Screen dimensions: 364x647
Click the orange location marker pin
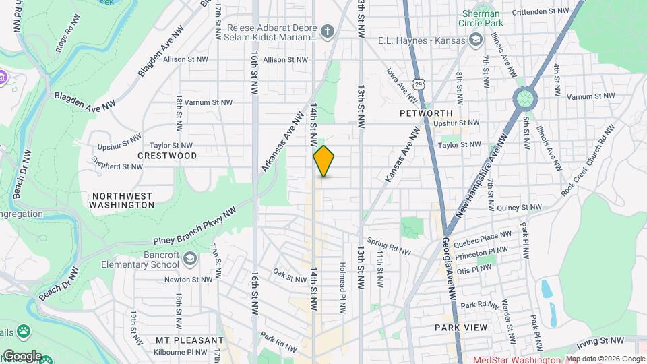point(323,161)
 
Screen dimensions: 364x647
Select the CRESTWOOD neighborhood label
point(167,156)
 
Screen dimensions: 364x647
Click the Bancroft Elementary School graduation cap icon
point(191,259)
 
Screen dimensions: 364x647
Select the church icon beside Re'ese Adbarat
point(327,32)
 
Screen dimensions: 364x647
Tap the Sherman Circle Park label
point(481,19)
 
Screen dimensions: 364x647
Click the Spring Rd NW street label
point(389,247)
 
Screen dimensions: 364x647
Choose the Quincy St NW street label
point(517,208)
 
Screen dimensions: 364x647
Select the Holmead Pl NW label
point(342,287)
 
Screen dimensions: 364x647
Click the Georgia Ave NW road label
point(450,270)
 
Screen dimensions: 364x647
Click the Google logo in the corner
point(22,355)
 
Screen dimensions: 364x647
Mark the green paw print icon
point(24,331)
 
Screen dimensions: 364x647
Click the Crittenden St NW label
point(540,11)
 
